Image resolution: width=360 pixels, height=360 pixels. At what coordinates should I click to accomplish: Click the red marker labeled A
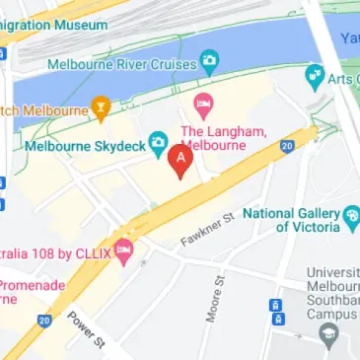pyautogui.click(x=180, y=160)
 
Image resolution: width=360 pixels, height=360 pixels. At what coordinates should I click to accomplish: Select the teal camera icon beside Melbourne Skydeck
pyautogui.click(x=156, y=141)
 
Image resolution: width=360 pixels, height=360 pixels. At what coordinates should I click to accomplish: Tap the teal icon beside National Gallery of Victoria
pyautogui.click(x=351, y=214)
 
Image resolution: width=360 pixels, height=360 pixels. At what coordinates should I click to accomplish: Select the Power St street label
pyautogui.click(x=86, y=329)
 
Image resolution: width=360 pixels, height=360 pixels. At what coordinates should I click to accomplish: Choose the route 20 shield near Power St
pyautogui.click(x=44, y=320)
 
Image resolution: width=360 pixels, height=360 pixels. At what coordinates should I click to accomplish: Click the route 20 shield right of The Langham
pyautogui.click(x=286, y=146)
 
